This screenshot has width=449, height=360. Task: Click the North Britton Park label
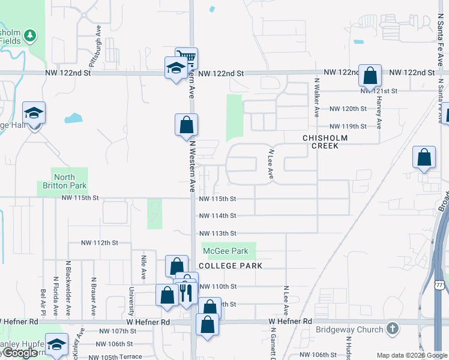64,181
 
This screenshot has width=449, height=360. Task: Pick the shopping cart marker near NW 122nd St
187,58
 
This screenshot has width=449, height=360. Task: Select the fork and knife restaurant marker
186,293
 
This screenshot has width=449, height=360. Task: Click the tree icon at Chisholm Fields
29,35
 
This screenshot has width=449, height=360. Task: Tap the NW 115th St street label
217,199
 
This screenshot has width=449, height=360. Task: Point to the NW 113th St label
217,233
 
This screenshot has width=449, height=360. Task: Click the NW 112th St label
100,243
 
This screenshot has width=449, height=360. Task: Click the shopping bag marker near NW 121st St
370,76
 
